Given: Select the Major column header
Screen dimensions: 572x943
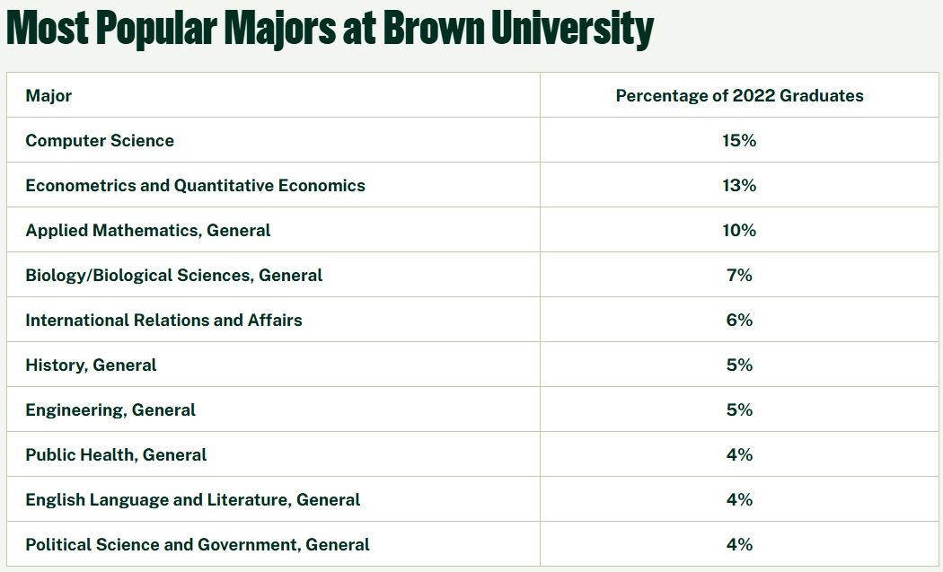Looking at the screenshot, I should [48, 96].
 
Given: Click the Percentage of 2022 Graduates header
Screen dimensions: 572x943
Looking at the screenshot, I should [739, 96].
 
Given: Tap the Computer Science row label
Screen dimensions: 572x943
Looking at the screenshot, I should [100, 141].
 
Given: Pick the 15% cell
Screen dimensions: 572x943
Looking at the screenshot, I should [739, 141].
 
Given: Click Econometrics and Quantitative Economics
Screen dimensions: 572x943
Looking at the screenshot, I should [195, 186].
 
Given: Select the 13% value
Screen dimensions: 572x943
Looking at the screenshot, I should [739, 186].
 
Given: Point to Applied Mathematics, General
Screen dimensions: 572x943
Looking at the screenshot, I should [147, 231].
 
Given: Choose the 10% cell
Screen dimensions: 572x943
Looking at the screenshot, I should [739, 231].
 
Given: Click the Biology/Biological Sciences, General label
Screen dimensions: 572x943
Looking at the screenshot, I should [173, 276].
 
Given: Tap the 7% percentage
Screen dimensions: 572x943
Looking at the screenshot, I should [739, 276].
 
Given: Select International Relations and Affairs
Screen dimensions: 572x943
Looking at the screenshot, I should [163, 321].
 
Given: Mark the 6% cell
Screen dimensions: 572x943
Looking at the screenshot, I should [739, 321].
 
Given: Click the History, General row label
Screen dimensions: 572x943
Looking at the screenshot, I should [91, 365].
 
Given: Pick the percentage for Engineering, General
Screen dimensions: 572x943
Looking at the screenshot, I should [739, 410].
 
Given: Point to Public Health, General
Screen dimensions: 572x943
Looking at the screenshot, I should [116, 455].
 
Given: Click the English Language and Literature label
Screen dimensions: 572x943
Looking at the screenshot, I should [192, 500].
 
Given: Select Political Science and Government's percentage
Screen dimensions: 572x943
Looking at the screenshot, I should [739, 545].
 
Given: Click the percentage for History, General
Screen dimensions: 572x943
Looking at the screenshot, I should [739, 365].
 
